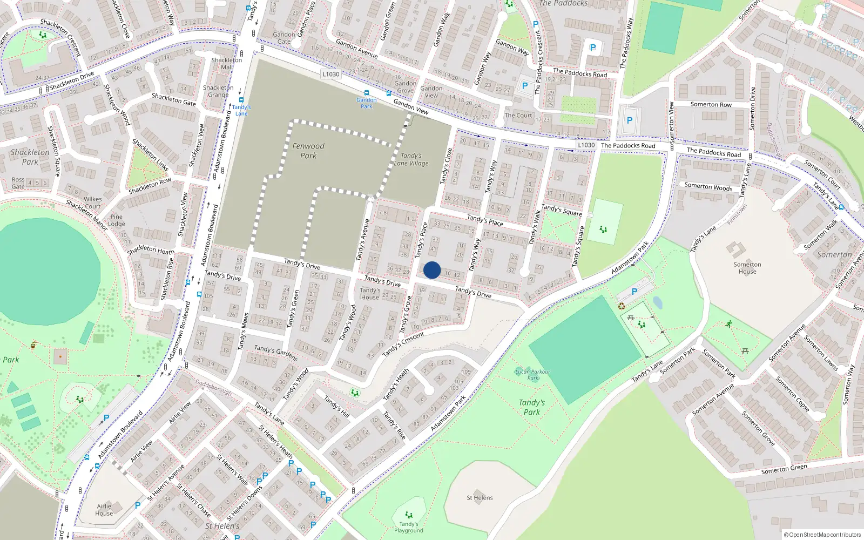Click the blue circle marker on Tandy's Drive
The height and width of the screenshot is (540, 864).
pyautogui.click(x=432, y=270)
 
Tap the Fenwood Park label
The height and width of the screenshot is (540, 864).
pyautogui.click(x=308, y=151)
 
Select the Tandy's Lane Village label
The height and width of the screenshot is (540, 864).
pyautogui.click(x=411, y=159)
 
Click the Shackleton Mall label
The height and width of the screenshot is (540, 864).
pyautogui.click(x=227, y=63)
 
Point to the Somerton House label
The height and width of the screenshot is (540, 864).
pyautogui.click(x=747, y=268)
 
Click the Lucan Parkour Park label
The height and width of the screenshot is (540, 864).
pyautogui.click(x=532, y=374)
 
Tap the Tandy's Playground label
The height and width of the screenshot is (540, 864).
pyautogui.click(x=409, y=527)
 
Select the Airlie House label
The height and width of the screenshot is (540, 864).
pyautogui.click(x=104, y=510)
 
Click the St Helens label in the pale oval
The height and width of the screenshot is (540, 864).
pyautogui.click(x=480, y=498)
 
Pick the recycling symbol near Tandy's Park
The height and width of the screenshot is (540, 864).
pyautogui.click(x=622, y=306)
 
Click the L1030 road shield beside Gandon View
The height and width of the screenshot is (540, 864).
pyautogui.click(x=330, y=75)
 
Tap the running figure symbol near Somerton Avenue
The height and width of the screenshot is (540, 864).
pyautogui.click(x=729, y=324)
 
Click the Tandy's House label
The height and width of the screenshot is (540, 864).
pyautogui.click(x=370, y=294)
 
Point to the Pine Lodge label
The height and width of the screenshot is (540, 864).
pyautogui.click(x=116, y=220)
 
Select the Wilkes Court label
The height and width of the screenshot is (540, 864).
pyautogui.click(x=93, y=202)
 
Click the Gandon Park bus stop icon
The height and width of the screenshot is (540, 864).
pyautogui.click(x=367, y=93)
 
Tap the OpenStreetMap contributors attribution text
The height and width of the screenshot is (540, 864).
pyautogui.click(x=822, y=535)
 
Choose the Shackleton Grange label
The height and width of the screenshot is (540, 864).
pyautogui.click(x=218, y=91)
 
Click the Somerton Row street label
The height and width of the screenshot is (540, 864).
pyautogui.click(x=711, y=105)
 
